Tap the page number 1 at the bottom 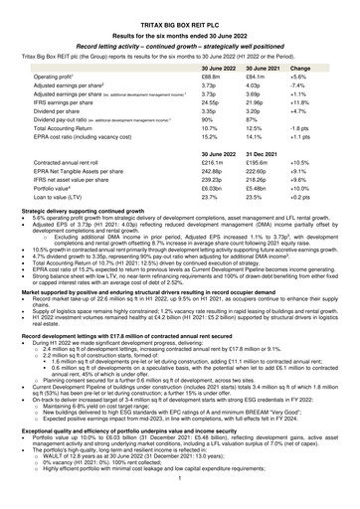click(179, 502)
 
